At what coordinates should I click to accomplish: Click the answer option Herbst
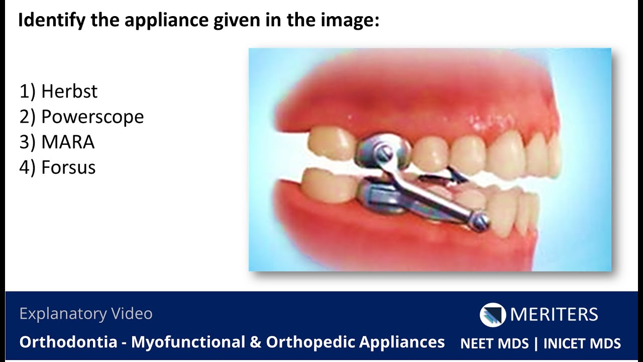tap(69, 92)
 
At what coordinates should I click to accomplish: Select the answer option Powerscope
tap(92, 117)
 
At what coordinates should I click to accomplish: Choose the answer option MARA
tap(68, 142)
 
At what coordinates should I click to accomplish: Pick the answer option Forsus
tap(68, 167)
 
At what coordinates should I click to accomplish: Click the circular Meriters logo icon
tap(492, 315)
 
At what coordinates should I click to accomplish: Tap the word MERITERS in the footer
tap(554, 315)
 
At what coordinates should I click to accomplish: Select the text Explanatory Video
tap(86, 314)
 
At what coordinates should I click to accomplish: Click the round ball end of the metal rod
tap(481, 222)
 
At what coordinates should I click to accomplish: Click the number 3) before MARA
tap(27, 142)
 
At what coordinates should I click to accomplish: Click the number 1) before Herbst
tap(27, 92)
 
